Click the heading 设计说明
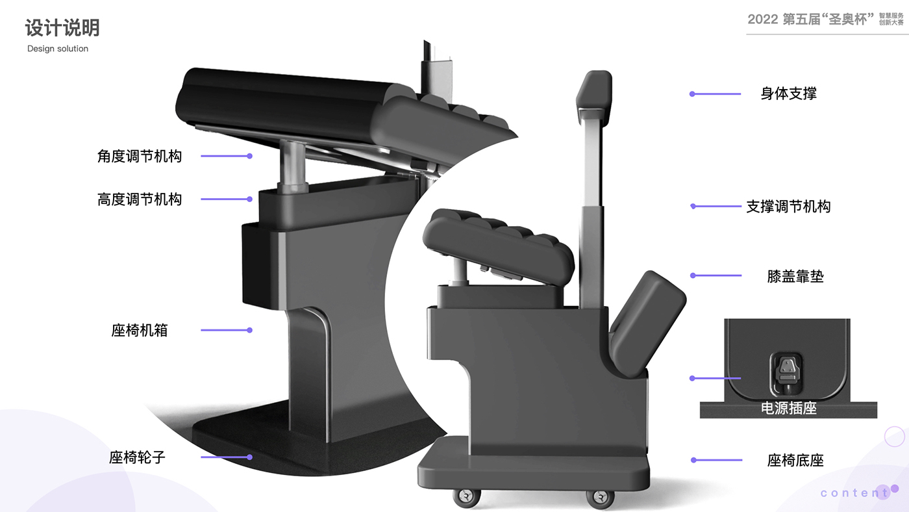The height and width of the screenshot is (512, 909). (x=62, y=28)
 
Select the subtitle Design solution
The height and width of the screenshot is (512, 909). (x=58, y=49)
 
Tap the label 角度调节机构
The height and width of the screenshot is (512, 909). (x=140, y=156)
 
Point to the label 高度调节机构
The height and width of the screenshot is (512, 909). (x=140, y=199)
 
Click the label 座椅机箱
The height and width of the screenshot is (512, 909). (x=140, y=330)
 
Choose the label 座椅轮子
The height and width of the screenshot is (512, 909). (x=138, y=457)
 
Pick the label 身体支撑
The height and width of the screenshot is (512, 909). (x=788, y=94)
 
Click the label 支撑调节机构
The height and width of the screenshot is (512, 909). (x=788, y=207)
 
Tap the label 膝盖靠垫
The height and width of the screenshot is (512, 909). (x=795, y=276)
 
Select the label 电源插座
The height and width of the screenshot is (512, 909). (x=788, y=409)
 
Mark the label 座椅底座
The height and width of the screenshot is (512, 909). (x=795, y=461)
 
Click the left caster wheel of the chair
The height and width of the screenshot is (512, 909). (x=467, y=497)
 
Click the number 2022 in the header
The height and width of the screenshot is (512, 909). (x=762, y=19)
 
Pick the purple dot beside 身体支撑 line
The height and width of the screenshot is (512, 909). (x=692, y=94)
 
